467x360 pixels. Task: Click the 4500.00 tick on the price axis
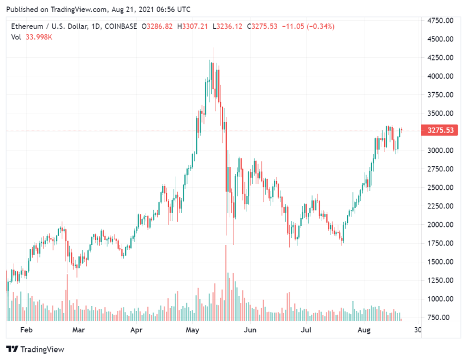pyautogui.click(x=440, y=39)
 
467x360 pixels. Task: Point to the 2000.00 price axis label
pyautogui.click(x=440, y=225)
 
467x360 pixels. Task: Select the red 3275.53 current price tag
pyautogui.click(x=440, y=130)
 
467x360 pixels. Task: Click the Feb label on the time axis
pyautogui.click(x=26, y=330)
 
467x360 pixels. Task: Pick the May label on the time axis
pyautogui.click(x=193, y=330)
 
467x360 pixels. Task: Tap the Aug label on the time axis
pyautogui.click(x=364, y=330)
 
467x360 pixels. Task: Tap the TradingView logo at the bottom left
pyautogui.click(x=35, y=349)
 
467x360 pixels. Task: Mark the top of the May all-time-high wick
pyautogui.click(x=213, y=48)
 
